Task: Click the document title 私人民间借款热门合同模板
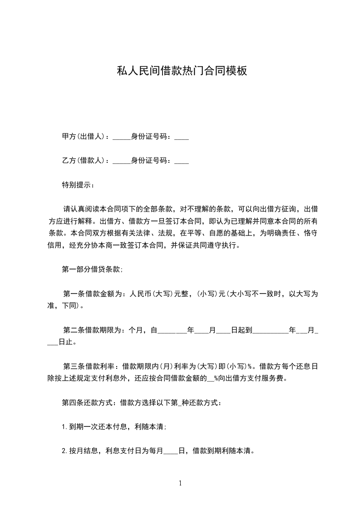(x=182, y=71)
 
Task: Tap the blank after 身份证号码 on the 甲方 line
(x=182, y=137)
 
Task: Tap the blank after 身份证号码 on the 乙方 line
(x=182, y=162)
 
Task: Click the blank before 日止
(x=53, y=343)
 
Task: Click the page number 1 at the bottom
(x=180, y=483)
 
